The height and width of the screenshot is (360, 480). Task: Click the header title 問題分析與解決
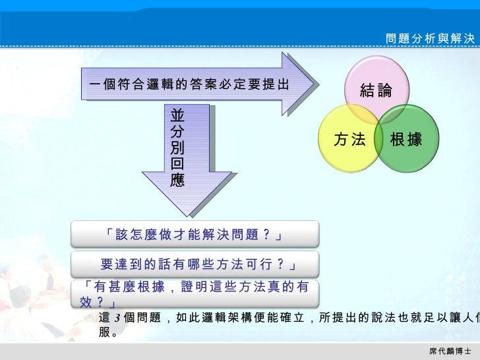[430, 39]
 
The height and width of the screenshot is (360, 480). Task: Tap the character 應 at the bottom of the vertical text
[177, 180]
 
